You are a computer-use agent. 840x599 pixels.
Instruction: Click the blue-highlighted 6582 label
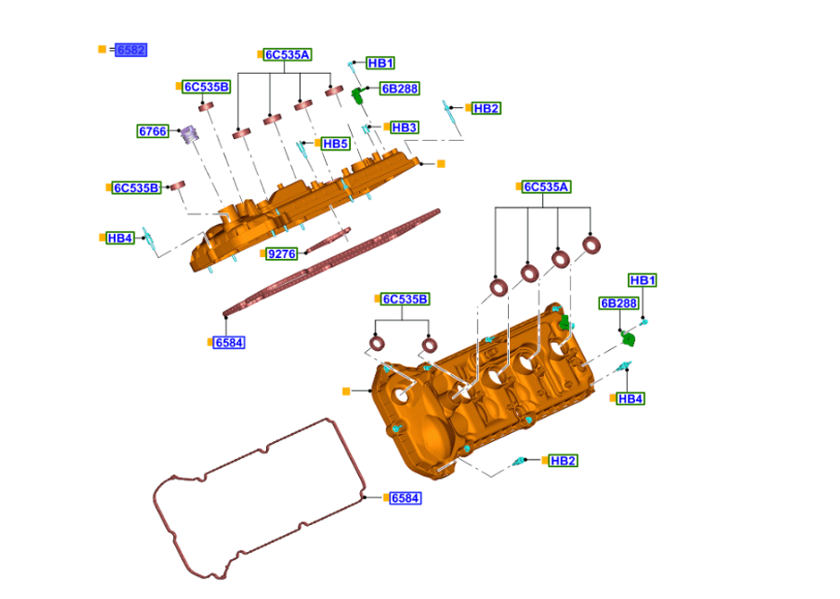[x=131, y=50]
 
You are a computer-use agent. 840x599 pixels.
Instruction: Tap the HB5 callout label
[x=335, y=143]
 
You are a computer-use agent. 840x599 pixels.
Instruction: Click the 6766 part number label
[x=152, y=131]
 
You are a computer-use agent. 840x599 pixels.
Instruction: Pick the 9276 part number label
[x=282, y=253]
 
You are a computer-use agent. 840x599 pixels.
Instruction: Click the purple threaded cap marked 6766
[x=189, y=134]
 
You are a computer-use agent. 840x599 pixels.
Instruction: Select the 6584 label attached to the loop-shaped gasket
[x=405, y=498]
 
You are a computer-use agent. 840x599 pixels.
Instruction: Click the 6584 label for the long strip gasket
[x=229, y=343]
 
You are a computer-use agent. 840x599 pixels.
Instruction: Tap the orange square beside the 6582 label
[x=102, y=50]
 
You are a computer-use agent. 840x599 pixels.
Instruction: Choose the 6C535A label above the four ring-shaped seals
[x=547, y=187]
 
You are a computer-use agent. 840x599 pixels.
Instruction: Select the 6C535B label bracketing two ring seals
[x=405, y=299]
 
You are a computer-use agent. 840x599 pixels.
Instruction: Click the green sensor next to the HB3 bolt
[x=358, y=94]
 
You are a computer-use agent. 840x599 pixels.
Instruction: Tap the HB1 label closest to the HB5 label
[x=380, y=63]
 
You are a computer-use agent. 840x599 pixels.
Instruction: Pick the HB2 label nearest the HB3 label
[x=485, y=108]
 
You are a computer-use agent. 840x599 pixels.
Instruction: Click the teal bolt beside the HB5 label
[x=303, y=149]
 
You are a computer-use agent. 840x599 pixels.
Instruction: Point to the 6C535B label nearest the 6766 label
[x=207, y=87]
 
